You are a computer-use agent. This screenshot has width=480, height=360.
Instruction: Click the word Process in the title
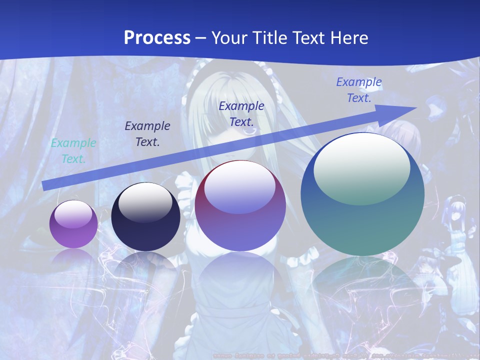coord(157,38)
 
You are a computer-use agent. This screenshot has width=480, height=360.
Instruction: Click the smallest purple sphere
coord(73,224)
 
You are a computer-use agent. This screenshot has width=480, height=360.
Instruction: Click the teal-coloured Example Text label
coord(73,151)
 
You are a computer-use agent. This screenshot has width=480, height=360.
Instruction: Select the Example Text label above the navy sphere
coord(147,134)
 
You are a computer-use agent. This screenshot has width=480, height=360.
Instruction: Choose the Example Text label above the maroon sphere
coord(241,113)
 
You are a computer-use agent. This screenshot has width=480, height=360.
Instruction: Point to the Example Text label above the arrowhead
coord(359,90)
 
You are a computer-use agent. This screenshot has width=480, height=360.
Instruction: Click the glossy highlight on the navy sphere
coord(145,202)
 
